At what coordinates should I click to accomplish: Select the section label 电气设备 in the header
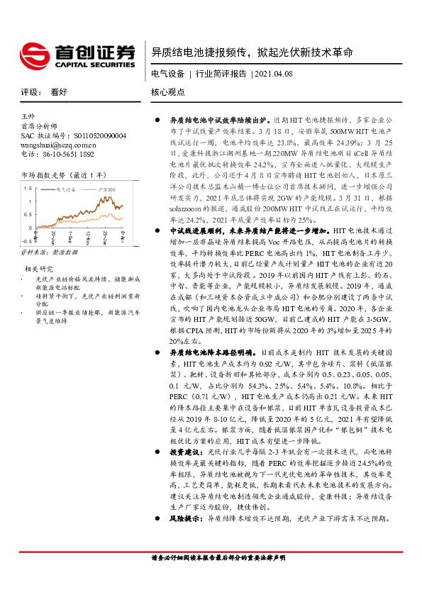168,74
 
